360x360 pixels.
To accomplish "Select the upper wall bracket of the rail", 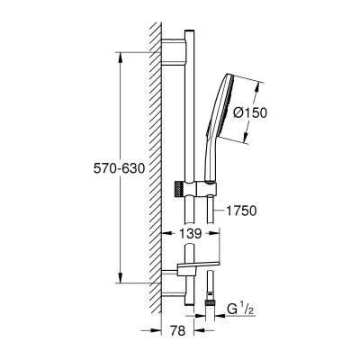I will coord(175,56).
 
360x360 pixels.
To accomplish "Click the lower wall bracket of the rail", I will coord(175,289).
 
